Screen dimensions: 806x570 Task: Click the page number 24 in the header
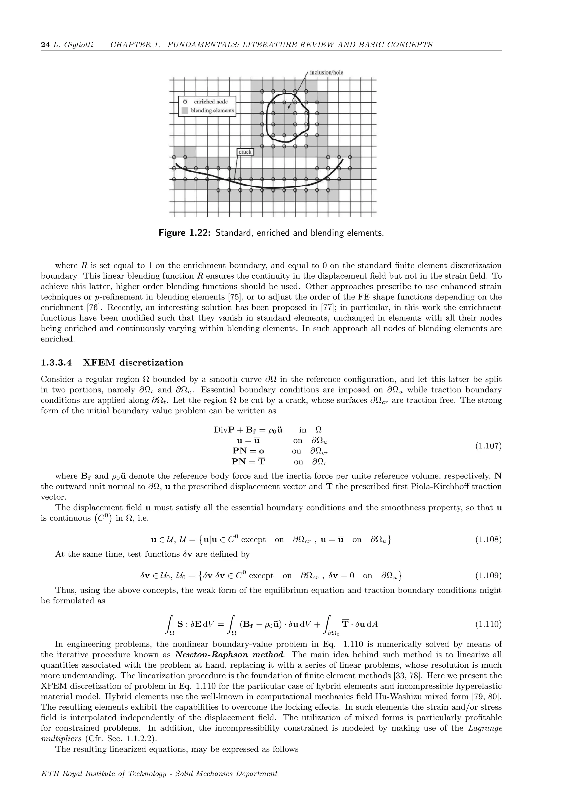[45, 45]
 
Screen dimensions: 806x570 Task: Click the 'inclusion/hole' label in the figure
[326, 73]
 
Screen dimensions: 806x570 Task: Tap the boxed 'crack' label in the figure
[245, 152]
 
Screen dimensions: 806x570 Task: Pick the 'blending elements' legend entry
[212, 110]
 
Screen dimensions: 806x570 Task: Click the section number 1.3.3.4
[56, 363]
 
